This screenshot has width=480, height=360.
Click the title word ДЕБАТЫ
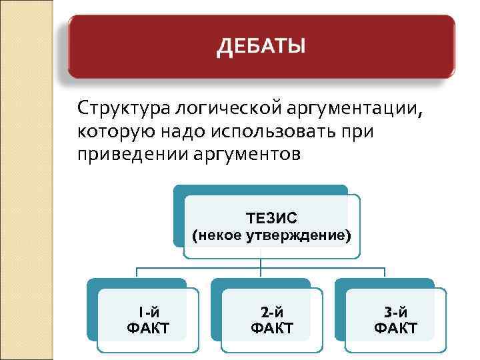261,47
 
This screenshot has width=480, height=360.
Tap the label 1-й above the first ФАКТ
148,311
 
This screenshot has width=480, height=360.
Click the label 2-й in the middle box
272,311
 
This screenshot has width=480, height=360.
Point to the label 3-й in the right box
396,311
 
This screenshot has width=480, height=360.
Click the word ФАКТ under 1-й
148,328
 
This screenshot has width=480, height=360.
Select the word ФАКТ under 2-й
272,328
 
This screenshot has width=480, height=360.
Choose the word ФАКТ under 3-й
396,328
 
